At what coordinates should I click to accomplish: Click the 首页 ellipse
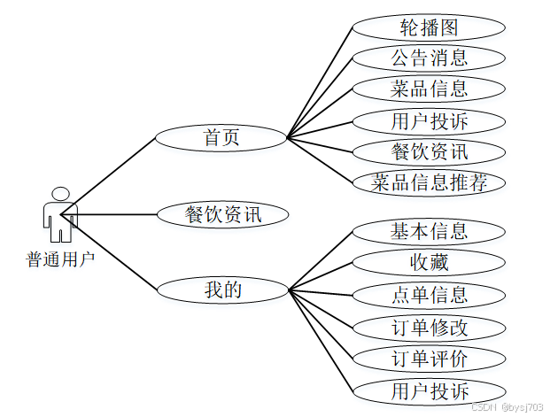[x=221, y=138]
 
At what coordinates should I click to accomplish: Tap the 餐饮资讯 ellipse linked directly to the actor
[x=222, y=214]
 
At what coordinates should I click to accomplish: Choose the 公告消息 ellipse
[x=429, y=58]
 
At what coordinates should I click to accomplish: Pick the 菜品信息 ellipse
[x=429, y=89]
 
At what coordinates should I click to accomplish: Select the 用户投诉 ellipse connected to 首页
[x=429, y=120]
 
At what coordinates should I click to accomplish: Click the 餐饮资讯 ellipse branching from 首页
[x=429, y=151]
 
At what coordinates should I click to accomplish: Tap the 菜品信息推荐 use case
[x=429, y=183]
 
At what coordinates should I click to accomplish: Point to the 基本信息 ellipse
[x=429, y=232]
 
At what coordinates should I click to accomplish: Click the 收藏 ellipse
[x=429, y=262]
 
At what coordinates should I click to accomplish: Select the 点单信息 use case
[x=429, y=295]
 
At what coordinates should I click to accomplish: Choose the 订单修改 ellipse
[x=429, y=327]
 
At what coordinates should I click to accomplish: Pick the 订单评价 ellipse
[x=429, y=359]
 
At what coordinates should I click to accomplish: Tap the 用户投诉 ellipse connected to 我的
[x=429, y=390]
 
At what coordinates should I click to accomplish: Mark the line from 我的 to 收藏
[x=321, y=275]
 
